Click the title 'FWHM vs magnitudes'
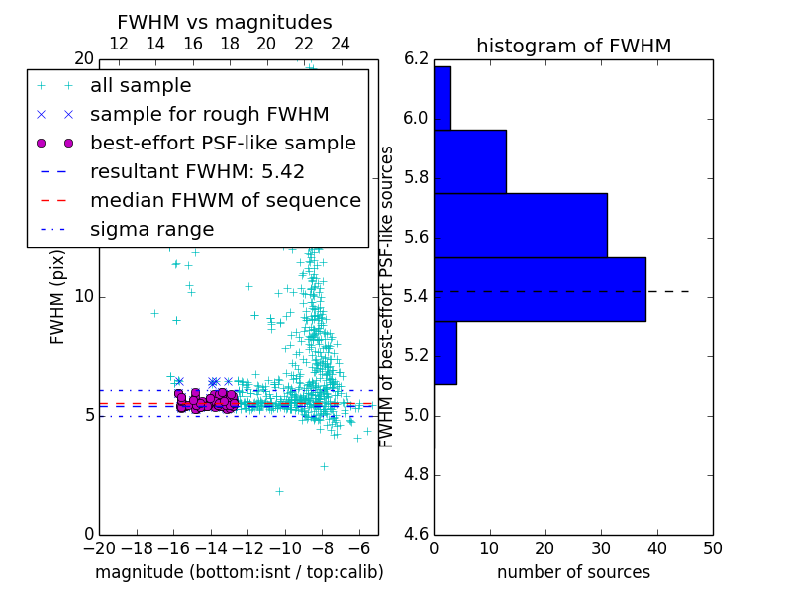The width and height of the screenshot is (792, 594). (225, 22)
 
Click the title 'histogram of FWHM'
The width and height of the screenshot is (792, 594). (573, 46)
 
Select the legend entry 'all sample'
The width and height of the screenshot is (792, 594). (141, 86)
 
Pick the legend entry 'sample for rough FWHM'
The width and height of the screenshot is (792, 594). (209, 114)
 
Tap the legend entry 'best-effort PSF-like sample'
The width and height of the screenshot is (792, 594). (223, 143)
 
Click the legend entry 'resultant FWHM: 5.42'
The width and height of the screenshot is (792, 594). (197, 171)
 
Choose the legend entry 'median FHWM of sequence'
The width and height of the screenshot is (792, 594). (225, 200)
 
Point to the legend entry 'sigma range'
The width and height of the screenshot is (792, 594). (151, 230)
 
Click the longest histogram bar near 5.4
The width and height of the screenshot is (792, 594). (540, 289)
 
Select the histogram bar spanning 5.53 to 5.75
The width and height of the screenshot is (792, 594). (520, 225)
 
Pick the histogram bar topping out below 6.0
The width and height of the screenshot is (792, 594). (470, 161)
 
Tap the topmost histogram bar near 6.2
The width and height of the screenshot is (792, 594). (443, 98)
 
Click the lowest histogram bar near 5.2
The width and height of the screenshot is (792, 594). (445, 352)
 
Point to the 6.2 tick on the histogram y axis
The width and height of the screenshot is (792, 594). (416, 59)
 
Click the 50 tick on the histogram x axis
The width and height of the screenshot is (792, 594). (712, 547)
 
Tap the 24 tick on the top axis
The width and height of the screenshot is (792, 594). (341, 44)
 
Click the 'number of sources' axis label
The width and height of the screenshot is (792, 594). (573, 572)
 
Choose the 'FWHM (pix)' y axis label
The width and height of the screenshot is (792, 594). (58, 296)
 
